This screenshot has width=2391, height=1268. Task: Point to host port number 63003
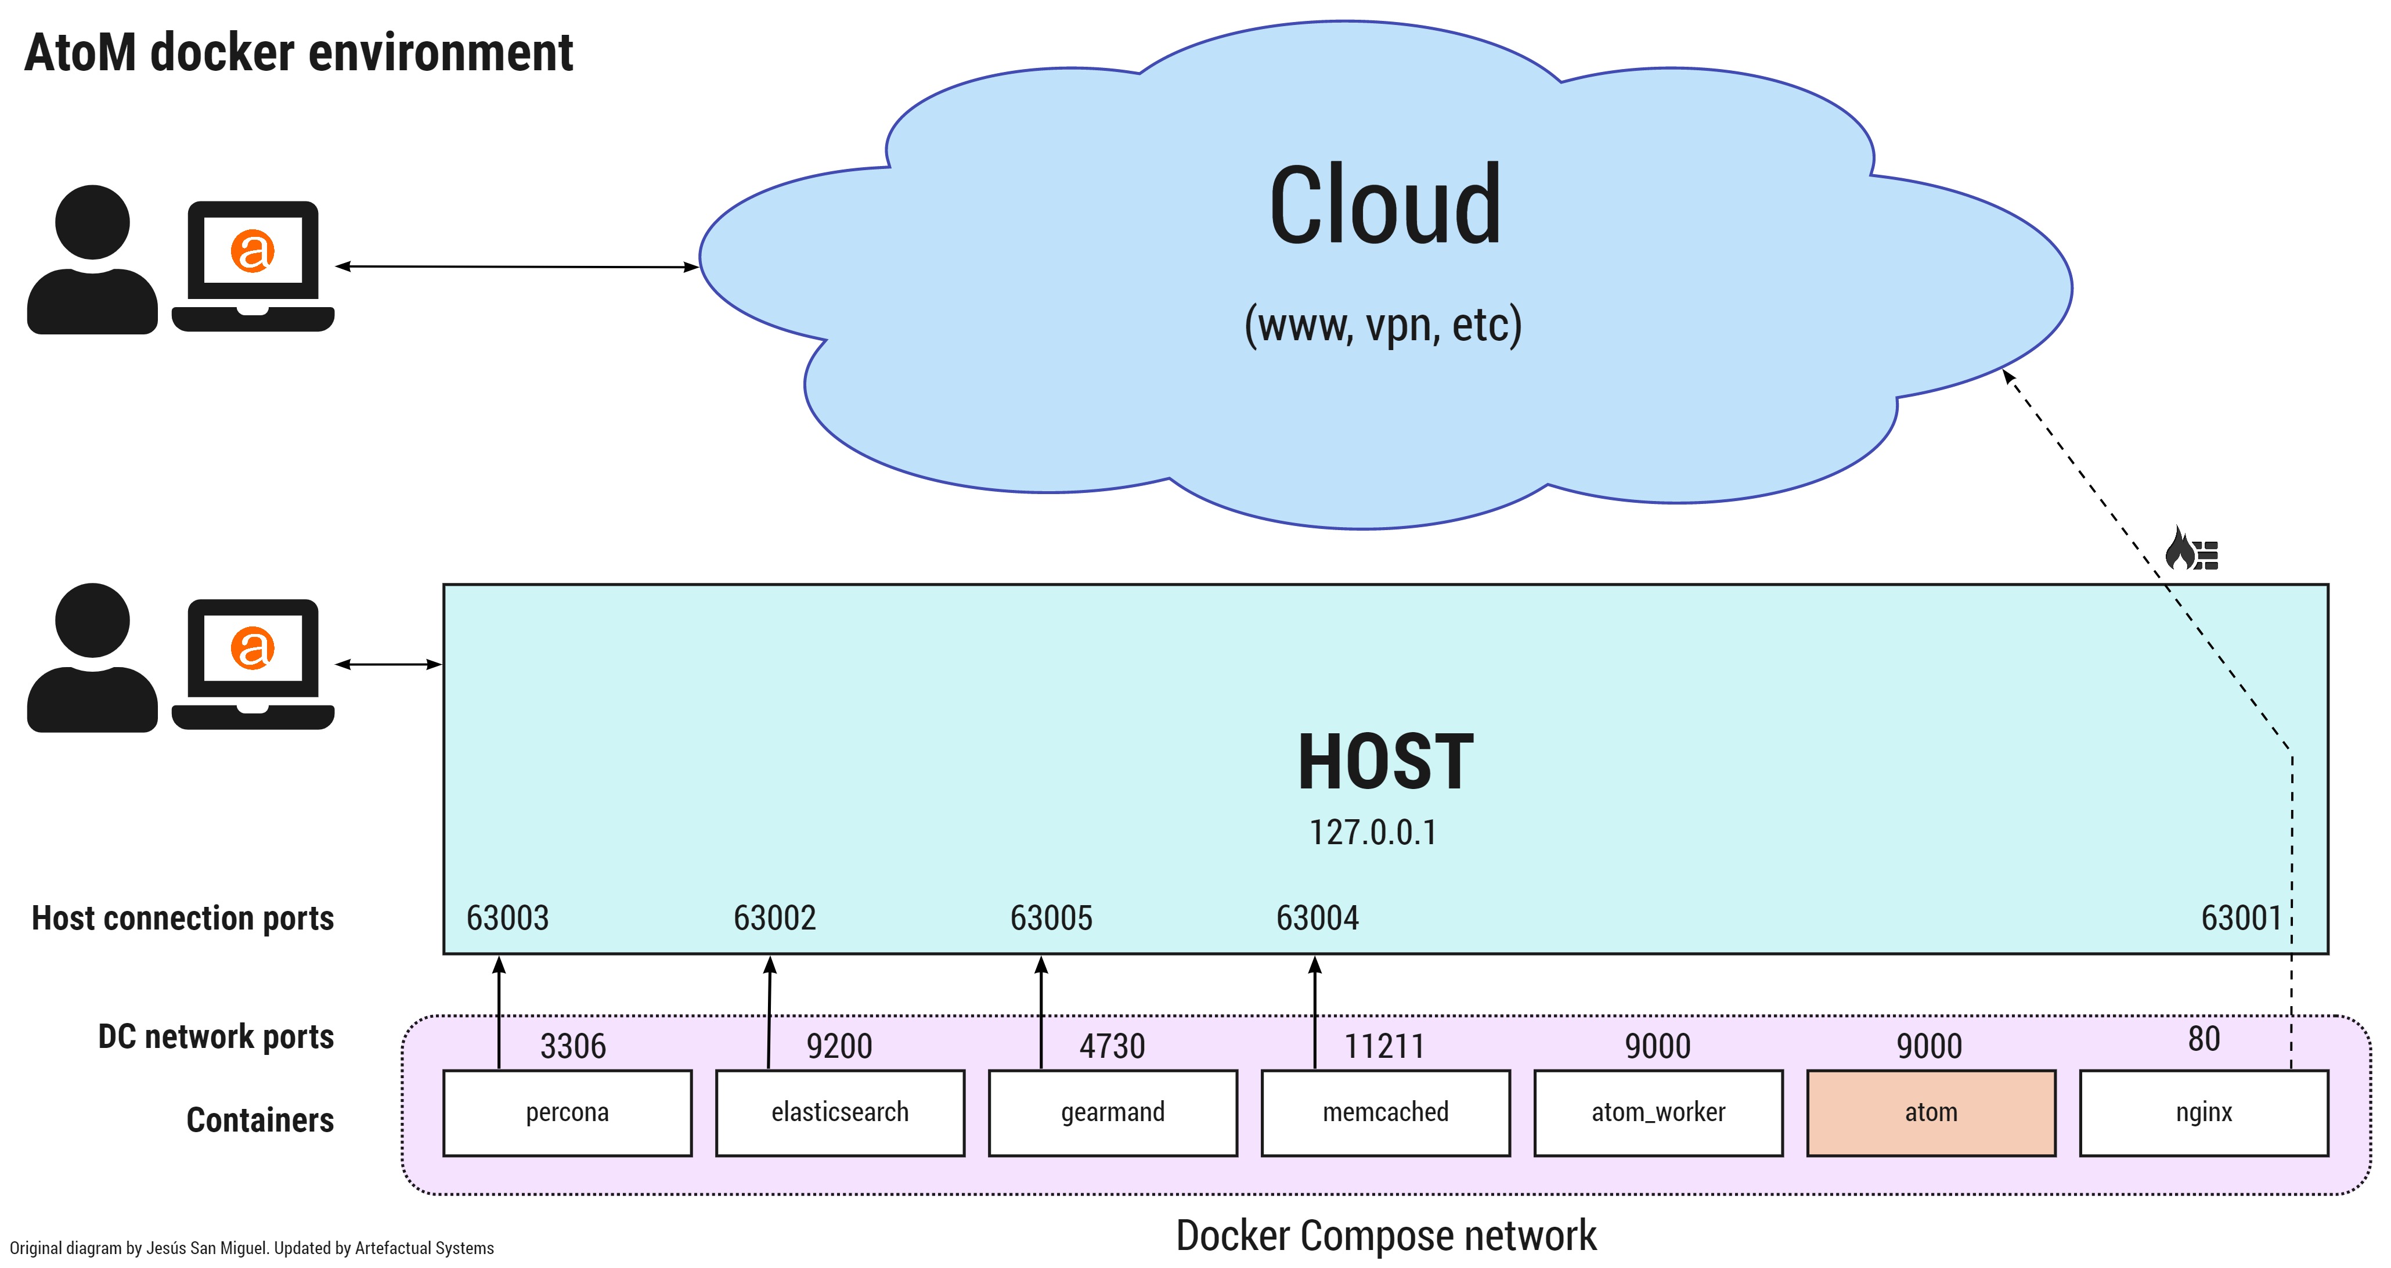click(x=508, y=918)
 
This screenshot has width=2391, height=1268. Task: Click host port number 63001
click(x=2241, y=918)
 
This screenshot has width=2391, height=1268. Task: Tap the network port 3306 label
click(x=573, y=1046)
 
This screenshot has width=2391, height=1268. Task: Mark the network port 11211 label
click(x=1384, y=1046)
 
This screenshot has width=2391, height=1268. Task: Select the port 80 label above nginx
click(x=2204, y=1039)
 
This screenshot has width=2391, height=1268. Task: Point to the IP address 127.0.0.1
click(x=1373, y=833)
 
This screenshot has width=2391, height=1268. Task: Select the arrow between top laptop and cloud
click(x=516, y=266)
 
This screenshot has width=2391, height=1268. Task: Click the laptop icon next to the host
click(x=253, y=664)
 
